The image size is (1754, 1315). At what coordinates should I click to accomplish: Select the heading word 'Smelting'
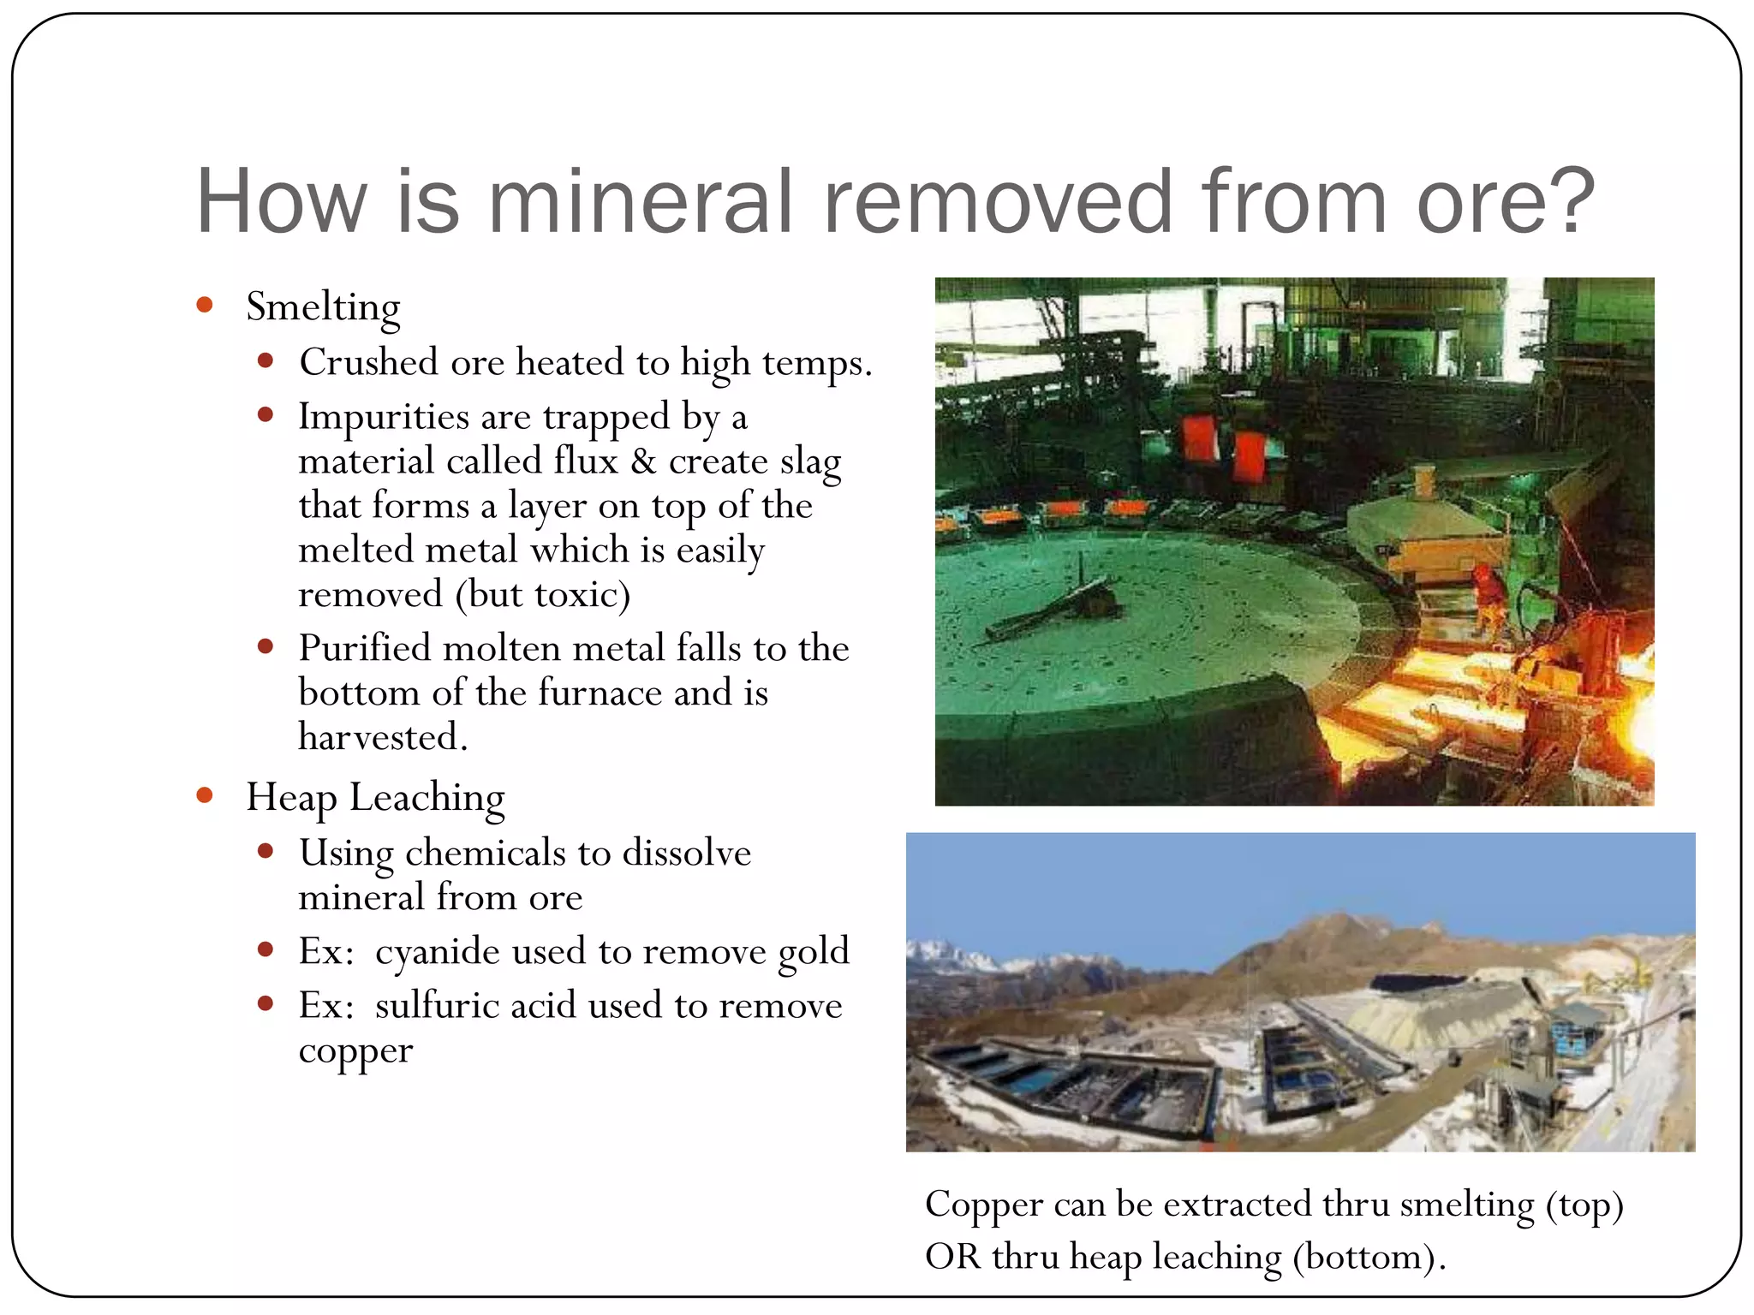(x=323, y=307)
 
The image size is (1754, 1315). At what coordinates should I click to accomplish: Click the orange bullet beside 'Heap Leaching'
(x=205, y=795)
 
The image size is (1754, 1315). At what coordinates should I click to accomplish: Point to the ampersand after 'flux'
(x=643, y=461)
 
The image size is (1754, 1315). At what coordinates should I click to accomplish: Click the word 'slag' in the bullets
(x=810, y=463)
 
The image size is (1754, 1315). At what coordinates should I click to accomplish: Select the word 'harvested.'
(x=383, y=737)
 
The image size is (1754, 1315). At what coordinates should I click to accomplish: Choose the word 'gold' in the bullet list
(x=814, y=952)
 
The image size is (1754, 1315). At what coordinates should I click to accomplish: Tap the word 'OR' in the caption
(x=952, y=1257)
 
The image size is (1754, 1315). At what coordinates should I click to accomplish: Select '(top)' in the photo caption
(x=1584, y=1205)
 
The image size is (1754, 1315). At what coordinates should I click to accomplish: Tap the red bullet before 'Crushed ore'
(x=265, y=361)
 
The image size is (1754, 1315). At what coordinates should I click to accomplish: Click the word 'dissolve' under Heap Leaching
(x=686, y=854)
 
